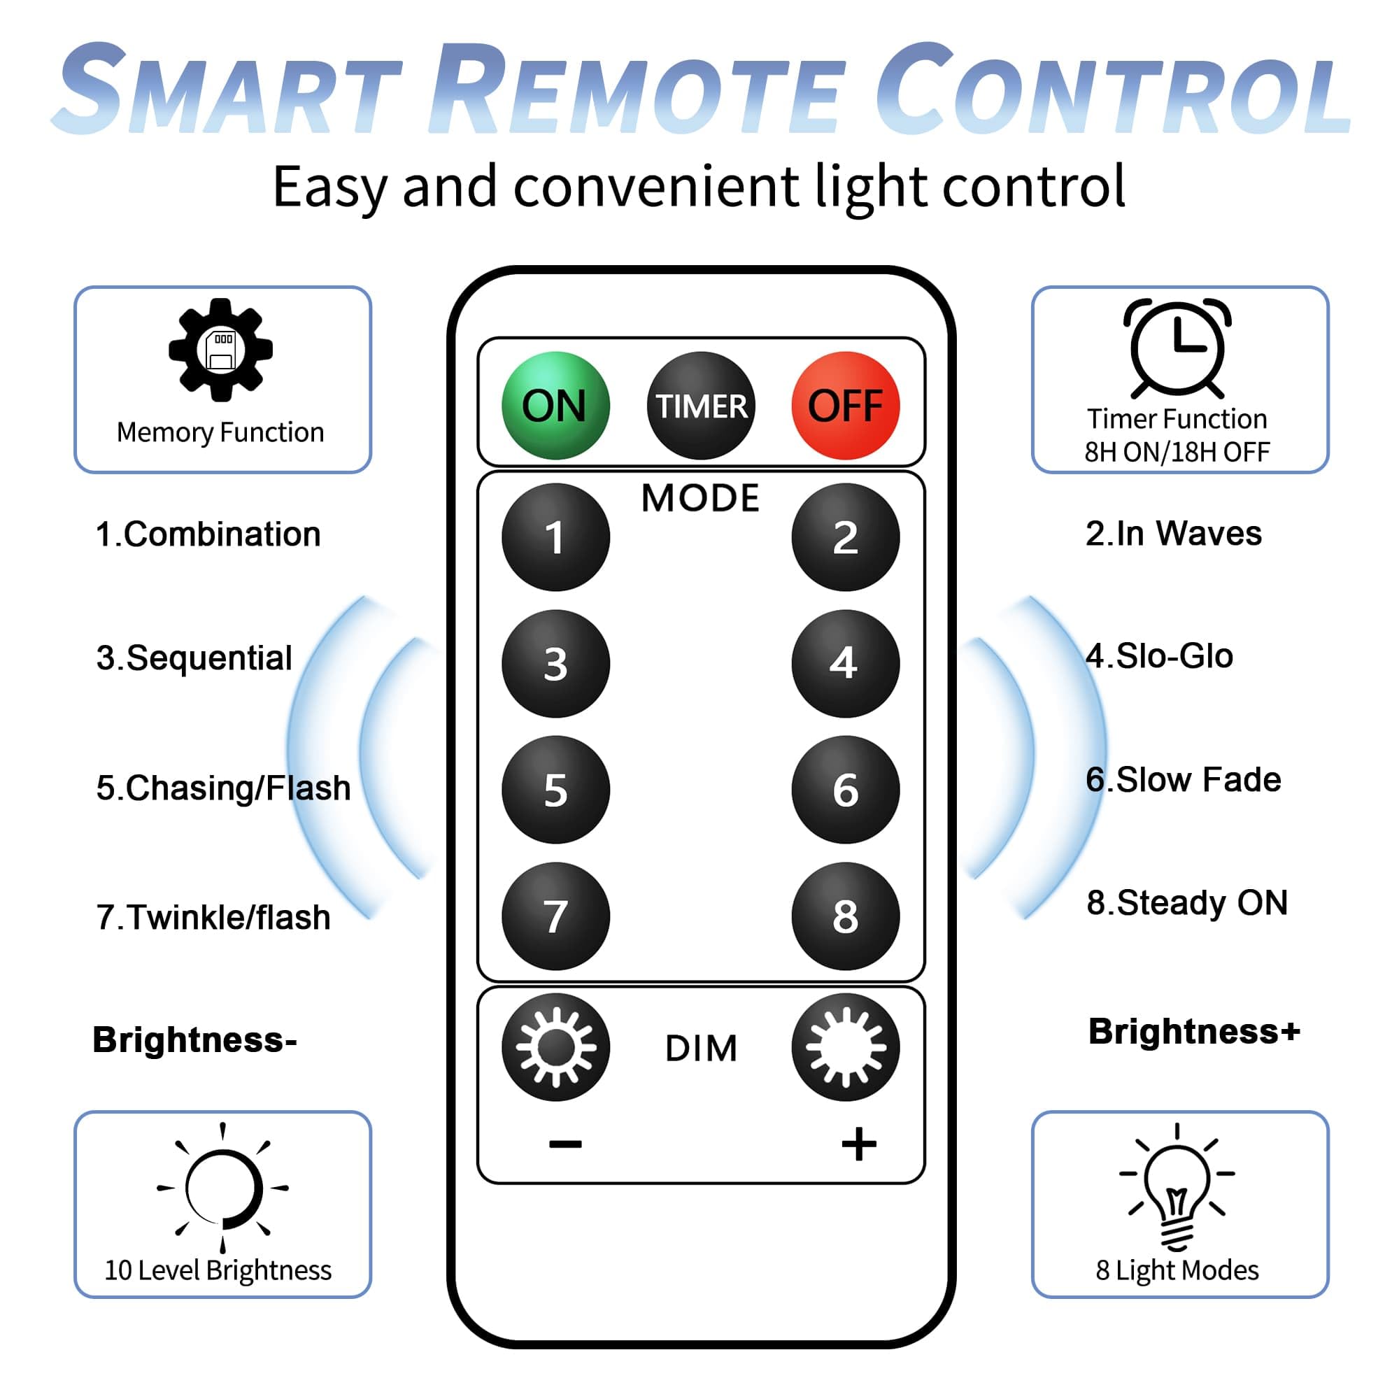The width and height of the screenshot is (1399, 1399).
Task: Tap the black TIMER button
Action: pyautogui.click(x=700, y=406)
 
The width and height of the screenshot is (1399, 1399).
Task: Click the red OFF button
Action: pyautogui.click(x=845, y=406)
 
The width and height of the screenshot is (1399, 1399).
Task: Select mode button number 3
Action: pyautogui.click(x=555, y=663)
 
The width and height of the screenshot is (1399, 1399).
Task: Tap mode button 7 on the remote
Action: pyautogui.click(x=555, y=916)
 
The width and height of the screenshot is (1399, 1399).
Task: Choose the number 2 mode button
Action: pyautogui.click(x=845, y=537)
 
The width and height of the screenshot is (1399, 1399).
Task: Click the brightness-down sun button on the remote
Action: pyautogui.click(x=555, y=1047)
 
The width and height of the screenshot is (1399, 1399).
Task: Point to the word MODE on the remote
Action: pyautogui.click(x=700, y=498)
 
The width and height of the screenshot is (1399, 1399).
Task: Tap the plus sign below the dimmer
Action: pyautogui.click(x=859, y=1144)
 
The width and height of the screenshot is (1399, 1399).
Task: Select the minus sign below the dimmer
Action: pyautogui.click(x=564, y=1144)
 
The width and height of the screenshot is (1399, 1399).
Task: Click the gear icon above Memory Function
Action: pyautogui.click(x=221, y=350)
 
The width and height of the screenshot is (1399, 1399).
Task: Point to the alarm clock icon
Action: pyautogui.click(x=1177, y=348)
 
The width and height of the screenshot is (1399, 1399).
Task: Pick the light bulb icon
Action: pyautogui.click(x=1177, y=1188)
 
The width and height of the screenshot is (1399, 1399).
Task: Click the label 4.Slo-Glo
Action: pyautogui.click(x=1159, y=656)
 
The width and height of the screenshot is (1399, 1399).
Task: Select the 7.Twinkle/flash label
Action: pyautogui.click(x=213, y=918)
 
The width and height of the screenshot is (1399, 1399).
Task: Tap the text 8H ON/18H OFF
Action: pyautogui.click(x=1177, y=452)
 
